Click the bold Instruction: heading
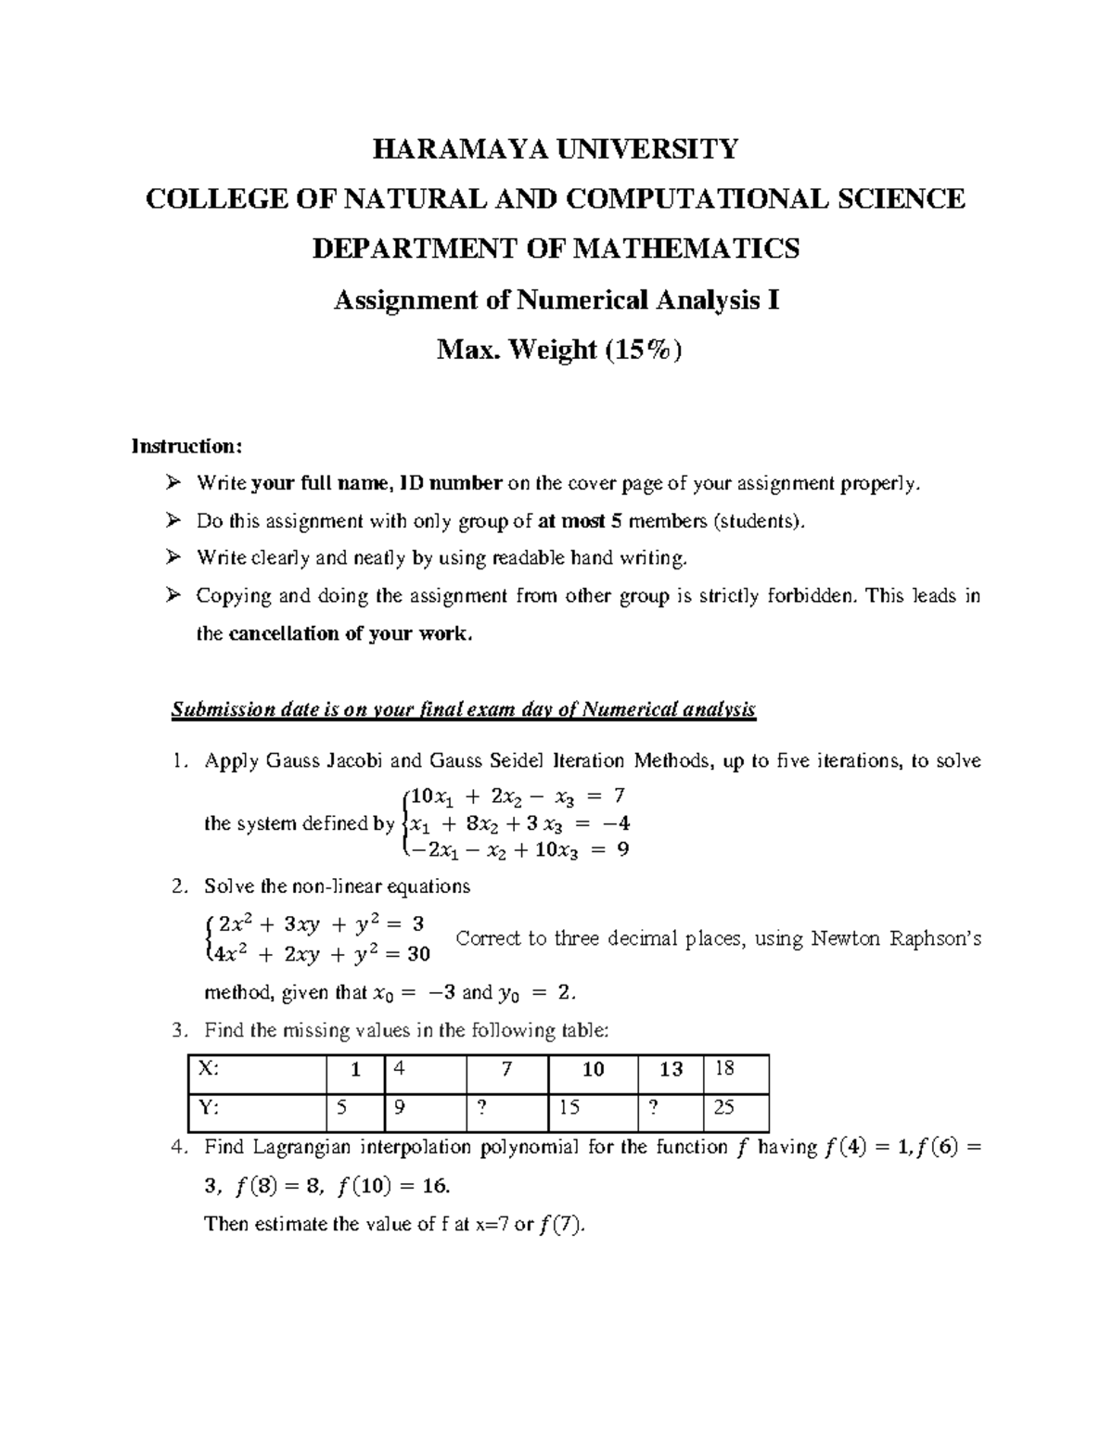pyautogui.click(x=186, y=446)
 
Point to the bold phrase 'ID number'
pyautogui.click(x=452, y=483)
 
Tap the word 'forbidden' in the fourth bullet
pyautogui.click(x=808, y=595)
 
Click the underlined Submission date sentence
pyautogui.click(x=464, y=710)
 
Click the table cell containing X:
pyautogui.click(x=256, y=1069)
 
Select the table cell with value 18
pyautogui.click(x=736, y=1069)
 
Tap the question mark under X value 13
pyautogui.click(x=671, y=1106)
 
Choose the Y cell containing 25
pyautogui.click(x=736, y=1106)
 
